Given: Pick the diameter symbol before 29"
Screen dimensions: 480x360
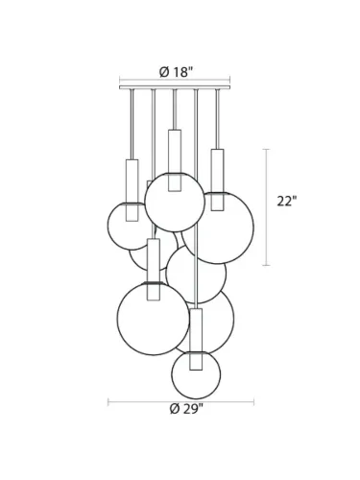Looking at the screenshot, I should coord(173,409).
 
